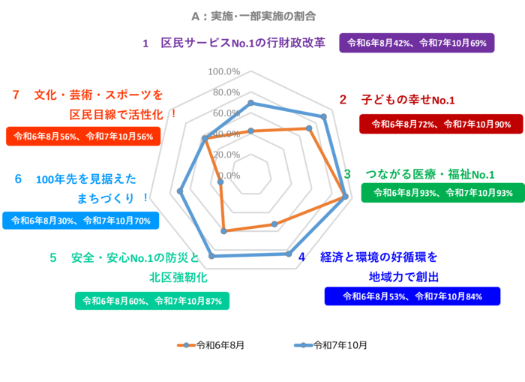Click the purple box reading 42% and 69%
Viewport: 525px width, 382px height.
point(416,43)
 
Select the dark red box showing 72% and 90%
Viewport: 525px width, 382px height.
point(441,124)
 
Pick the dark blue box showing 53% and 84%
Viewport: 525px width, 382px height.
point(412,296)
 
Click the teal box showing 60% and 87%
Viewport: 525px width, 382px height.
point(152,301)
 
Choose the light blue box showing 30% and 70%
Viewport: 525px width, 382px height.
point(80,221)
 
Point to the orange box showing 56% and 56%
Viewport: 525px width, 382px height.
point(83,137)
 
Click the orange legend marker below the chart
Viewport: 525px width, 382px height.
point(186,345)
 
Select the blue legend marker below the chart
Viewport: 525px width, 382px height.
point(303,345)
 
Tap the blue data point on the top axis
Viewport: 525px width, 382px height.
point(251,102)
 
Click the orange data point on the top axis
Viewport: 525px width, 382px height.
point(251,130)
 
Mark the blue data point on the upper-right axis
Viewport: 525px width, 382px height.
point(324,116)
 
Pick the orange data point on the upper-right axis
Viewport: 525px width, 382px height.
point(309,128)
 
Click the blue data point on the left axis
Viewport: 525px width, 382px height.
point(179,191)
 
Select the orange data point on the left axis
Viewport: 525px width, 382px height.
point(220,182)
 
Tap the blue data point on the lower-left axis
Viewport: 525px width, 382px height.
point(211,257)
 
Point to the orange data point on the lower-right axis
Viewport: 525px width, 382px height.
point(274,223)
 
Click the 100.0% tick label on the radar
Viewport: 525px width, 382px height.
point(224,71)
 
